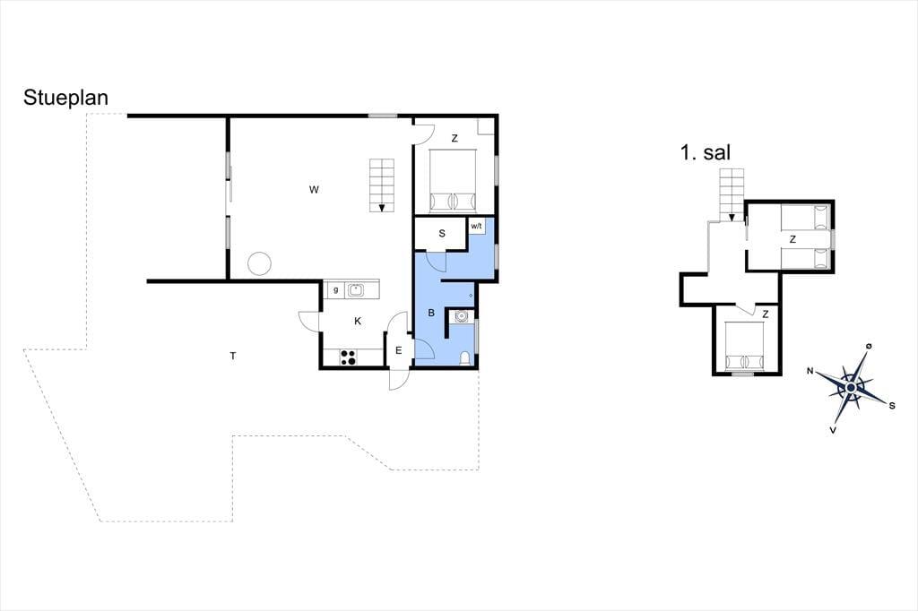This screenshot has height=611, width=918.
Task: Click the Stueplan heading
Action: [x=65, y=98]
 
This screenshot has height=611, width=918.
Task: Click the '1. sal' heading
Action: [x=705, y=152]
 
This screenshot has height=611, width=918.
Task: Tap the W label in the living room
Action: [x=315, y=190]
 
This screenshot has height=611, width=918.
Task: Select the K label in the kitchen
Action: [x=358, y=322]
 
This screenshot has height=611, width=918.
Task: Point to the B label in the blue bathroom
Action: [x=431, y=313]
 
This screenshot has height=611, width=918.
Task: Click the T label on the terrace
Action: [x=233, y=356]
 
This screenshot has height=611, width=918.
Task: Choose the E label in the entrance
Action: [x=399, y=351]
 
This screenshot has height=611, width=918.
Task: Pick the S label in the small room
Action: [x=442, y=234]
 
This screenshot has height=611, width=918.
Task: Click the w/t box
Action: [x=476, y=226]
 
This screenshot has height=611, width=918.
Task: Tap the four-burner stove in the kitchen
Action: [x=348, y=357]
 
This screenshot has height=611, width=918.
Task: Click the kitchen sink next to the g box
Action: [x=356, y=289]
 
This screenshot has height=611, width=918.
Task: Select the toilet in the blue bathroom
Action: [x=465, y=357]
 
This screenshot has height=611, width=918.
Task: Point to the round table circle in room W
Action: [x=259, y=263]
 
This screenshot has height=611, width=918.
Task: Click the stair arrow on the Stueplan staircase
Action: [x=382, y=207]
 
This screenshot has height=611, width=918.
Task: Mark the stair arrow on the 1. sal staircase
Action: [x=732, y=218]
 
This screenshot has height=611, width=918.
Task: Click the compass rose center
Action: [x=852, y=387]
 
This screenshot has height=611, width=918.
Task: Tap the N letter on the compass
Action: [x=810, y=371]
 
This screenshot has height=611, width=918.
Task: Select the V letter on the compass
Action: [x=833, y=430]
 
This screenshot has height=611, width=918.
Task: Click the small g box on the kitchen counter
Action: [x=335, y=289]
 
